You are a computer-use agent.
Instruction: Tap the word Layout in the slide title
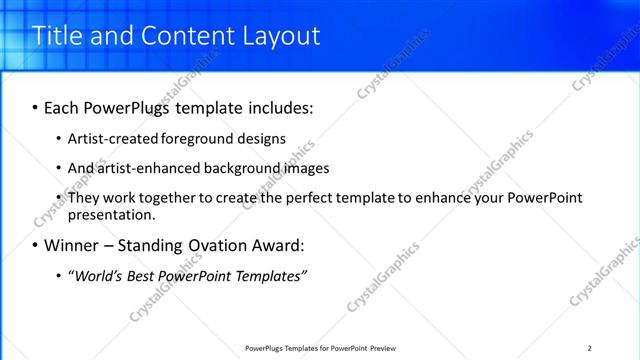coord(281,36)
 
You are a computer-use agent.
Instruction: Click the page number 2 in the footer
coord(590,348)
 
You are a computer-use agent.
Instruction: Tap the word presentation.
coord(111,214)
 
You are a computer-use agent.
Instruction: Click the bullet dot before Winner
coord(35,246)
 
